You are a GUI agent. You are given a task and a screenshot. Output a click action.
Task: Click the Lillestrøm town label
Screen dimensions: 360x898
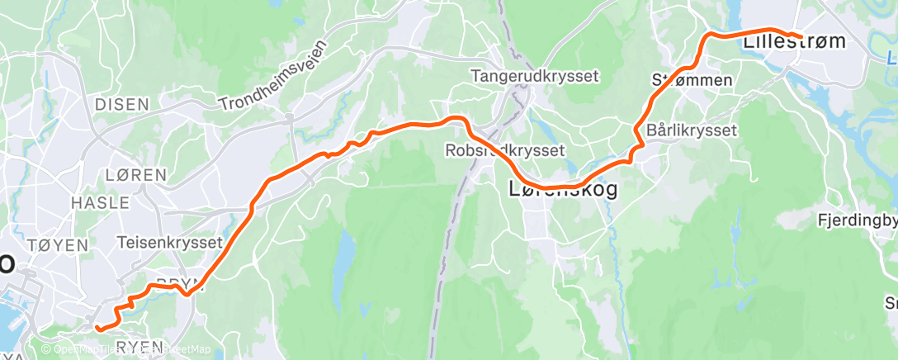[x=794, y=41]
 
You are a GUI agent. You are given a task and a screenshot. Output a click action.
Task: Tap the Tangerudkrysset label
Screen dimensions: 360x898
[x=534, y=76]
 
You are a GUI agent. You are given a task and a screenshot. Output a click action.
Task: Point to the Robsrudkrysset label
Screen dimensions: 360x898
[x=503, y=150]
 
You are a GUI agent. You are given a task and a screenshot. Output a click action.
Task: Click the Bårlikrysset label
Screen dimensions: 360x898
[x=692, y=130]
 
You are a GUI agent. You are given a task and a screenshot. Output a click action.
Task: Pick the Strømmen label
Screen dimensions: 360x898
[x=692, y=80]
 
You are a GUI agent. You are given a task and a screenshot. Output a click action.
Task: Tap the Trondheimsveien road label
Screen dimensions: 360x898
[x=274, y=78]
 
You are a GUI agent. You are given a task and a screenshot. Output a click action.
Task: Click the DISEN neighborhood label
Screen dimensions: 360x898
[x=121, y=104]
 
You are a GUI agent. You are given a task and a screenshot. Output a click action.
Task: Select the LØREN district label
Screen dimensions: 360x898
[x=136, y=175]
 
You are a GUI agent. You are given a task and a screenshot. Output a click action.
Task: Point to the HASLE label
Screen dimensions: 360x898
[x=100, y=202]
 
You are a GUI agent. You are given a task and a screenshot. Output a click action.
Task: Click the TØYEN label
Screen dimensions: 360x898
[x=57, y=245]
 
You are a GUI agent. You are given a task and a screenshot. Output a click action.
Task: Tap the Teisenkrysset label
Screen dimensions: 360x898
[x=171, y=243]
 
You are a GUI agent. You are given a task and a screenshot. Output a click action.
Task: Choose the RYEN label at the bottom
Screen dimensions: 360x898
[x=139, y=347]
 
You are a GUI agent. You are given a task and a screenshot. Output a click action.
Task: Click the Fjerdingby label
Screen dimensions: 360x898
[x=857, y=220]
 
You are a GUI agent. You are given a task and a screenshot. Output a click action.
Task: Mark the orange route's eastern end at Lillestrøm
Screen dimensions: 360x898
[x=801, y=36]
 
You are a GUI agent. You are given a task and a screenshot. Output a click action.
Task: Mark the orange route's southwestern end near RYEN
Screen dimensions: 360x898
[x=98, y=328]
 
